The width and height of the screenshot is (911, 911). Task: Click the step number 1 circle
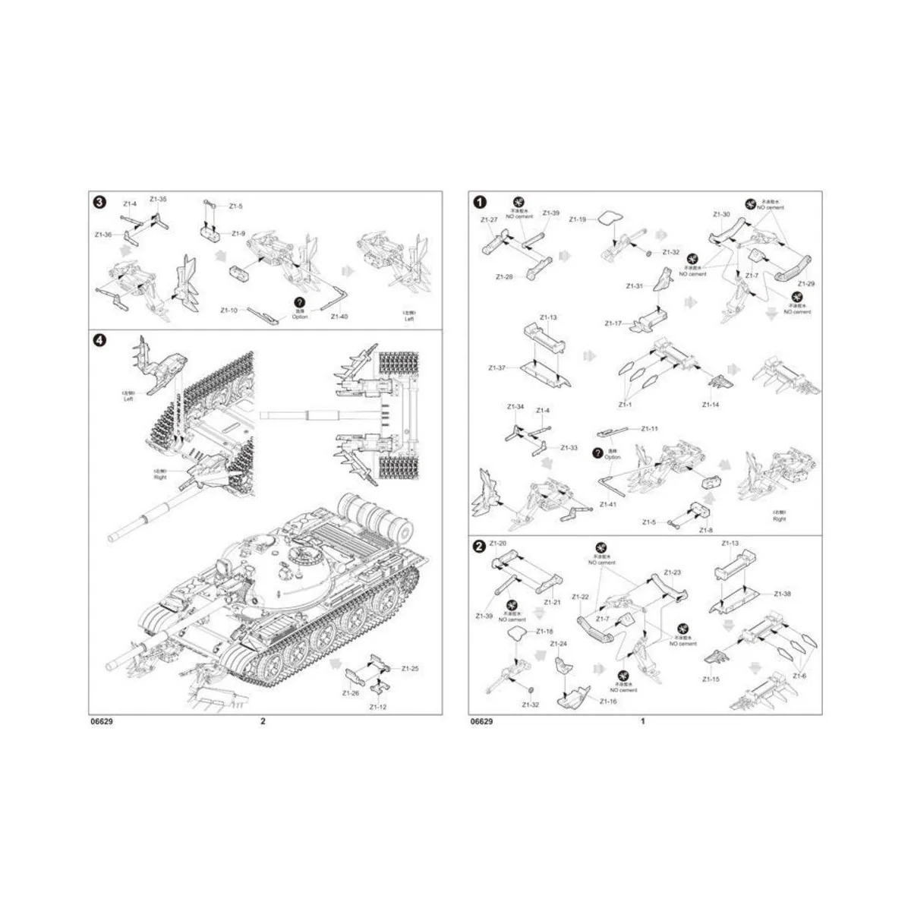pyautogui.click(x=480, y=202)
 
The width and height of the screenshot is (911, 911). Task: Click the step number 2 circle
pyautogui.click(x=480, y=547)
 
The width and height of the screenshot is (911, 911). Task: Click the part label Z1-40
pyautogui.click(x=340, y=318)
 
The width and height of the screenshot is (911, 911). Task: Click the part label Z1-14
pyautogui.click(x=711, y=405)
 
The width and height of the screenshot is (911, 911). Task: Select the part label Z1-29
pyautogui.click(x=808, y=283)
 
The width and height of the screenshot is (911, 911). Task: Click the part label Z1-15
pyautogui.click(x=711, y=678)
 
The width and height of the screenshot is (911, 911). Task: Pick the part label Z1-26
pyautogui.click(x=350, y=692)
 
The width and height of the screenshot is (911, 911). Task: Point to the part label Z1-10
pyautogui.click(x=229, y=310)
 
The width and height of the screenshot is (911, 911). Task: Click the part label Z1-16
pyautogui.click(x=608, y=701)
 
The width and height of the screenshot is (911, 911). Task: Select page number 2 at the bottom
pyautogui.click(x=263, y=722)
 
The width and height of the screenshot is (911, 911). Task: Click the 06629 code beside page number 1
pyautogui.click(x=481, y=722)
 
